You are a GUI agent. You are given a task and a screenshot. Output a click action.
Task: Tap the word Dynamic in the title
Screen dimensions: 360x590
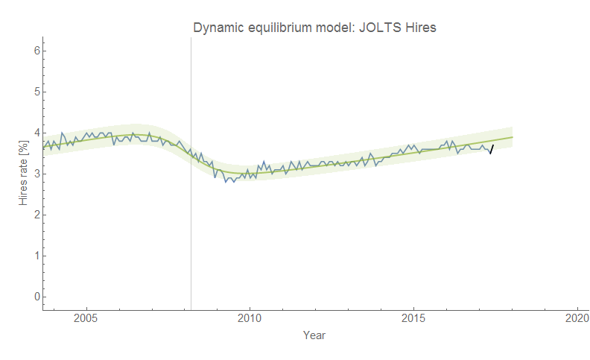pyautogui.click(x=218, y=28)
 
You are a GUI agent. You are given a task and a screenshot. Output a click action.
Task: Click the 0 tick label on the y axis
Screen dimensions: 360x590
pyautogui.click(x=35, y=297)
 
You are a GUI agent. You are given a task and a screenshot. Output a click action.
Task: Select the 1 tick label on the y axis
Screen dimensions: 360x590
pyautogui.click(x=35, y=256)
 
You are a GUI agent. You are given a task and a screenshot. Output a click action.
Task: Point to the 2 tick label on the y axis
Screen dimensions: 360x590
pyautogui.click(x=35, y=215)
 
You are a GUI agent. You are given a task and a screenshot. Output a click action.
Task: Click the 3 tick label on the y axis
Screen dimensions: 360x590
pyautogui.click(x=35, y=174)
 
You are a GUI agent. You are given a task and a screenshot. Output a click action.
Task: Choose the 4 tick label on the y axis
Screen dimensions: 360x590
pyautogui.click(x=35, y=133)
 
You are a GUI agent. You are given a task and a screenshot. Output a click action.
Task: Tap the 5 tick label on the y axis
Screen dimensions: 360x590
pyautogui.click(x=35, y=92)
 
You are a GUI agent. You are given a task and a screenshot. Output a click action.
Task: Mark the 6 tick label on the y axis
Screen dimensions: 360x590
pyautogui.click(x=35, y=51)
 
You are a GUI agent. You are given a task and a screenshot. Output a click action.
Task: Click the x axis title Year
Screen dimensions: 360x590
pyautogui.click(x=314, y=335)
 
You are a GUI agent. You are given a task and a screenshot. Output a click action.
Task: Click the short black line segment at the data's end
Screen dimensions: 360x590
pyautogui.click(x=492, y=149)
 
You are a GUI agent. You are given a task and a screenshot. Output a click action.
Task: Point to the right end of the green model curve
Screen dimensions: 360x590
pyautogui.click(x=513, y=137)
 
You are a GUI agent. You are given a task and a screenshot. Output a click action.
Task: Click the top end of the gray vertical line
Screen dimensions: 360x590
pyautogui.click(x=191, y=38)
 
